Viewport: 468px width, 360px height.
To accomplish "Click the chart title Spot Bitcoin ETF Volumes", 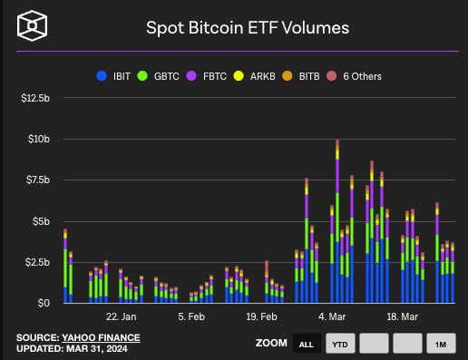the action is (x=248, y=28).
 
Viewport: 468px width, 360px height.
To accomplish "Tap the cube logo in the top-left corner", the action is (x=32, y=25).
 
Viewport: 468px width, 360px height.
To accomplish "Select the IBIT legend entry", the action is (x=113, y=76).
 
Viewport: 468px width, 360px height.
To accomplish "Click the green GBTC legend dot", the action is (x=142, y=76).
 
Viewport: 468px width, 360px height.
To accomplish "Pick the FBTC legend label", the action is (x=215, y=76).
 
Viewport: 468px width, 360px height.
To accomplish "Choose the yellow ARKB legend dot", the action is (x=239, y=76).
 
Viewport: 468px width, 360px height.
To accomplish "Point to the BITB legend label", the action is (x=309, y=76).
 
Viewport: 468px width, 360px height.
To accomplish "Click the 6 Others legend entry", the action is (x=354, y=76).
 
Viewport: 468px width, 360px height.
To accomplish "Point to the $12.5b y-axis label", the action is (x=35, y=98).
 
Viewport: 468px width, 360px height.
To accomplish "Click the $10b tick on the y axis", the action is (x=39, y=139).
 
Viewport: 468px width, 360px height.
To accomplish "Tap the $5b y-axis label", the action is (x=41, y=221).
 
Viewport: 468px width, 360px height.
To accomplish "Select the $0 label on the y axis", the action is (x=44, y=303).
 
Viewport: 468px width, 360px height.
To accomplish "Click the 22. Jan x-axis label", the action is (x=121, y=316).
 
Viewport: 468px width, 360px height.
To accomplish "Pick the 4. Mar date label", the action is (x=332, y=316).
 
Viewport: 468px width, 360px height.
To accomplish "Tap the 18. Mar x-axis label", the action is (x=402, y=316).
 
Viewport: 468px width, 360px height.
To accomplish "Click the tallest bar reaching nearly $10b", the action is (x=337, y=221).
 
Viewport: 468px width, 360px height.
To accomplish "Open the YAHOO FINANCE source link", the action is (x=101, y=337).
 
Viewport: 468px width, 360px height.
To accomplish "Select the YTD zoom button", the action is (x=340, y=344).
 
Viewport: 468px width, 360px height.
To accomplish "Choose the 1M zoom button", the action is (x=441, y=344).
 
